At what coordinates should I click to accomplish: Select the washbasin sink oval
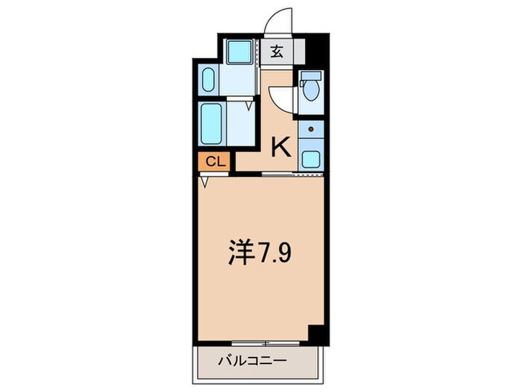[208, 78]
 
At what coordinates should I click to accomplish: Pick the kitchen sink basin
[310, 159]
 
